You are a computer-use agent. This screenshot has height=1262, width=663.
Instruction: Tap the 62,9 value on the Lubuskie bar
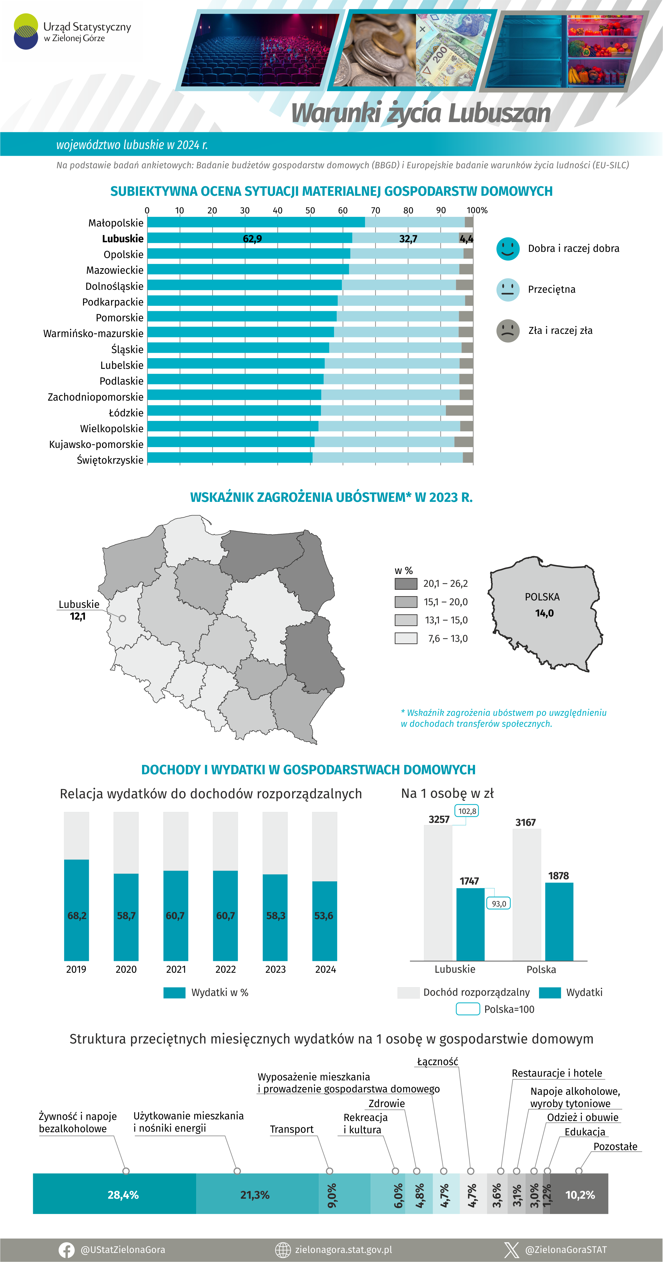(x=252, y=239)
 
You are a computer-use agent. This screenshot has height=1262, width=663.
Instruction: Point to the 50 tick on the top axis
(x=310, y=210)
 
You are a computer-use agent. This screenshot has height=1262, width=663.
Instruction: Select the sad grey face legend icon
(x=508, y=331)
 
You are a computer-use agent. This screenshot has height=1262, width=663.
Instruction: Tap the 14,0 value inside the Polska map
(x=544, y=613)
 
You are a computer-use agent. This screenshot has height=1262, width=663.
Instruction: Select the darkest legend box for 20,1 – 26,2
(x=405, y=584)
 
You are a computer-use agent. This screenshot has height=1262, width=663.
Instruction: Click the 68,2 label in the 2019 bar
(x=77, y=916)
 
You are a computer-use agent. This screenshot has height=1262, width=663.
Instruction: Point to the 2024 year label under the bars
(x=325, y=969)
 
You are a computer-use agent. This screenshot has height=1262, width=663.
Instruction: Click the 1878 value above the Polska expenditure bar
(x=558, y=876)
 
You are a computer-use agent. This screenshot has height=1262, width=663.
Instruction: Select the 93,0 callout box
(x=499, y=903)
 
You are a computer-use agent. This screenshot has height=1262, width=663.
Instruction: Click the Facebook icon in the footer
(x=66, y=1250)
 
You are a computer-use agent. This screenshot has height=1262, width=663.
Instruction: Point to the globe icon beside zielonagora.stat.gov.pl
(x=283, y=1250)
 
